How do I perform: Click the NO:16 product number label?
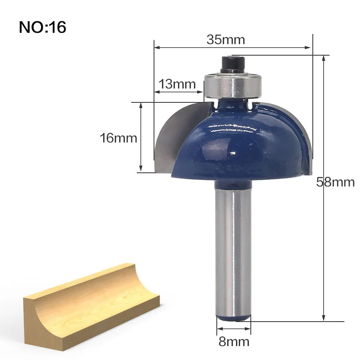pyautogui.click(x=42, y=27)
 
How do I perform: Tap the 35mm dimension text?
pyautogui.click(x=226, y=40)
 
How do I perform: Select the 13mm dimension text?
pyautogui.click(x=177, y=84)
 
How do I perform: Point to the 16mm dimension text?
pyautogui.click(x=118, y=138)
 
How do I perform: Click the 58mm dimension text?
pyautogui.click(x=336, y=182)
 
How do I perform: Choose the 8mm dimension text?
pyautogui.click(x=234, y=342)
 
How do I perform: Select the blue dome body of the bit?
pyautogui.click(x=236, y=142)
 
